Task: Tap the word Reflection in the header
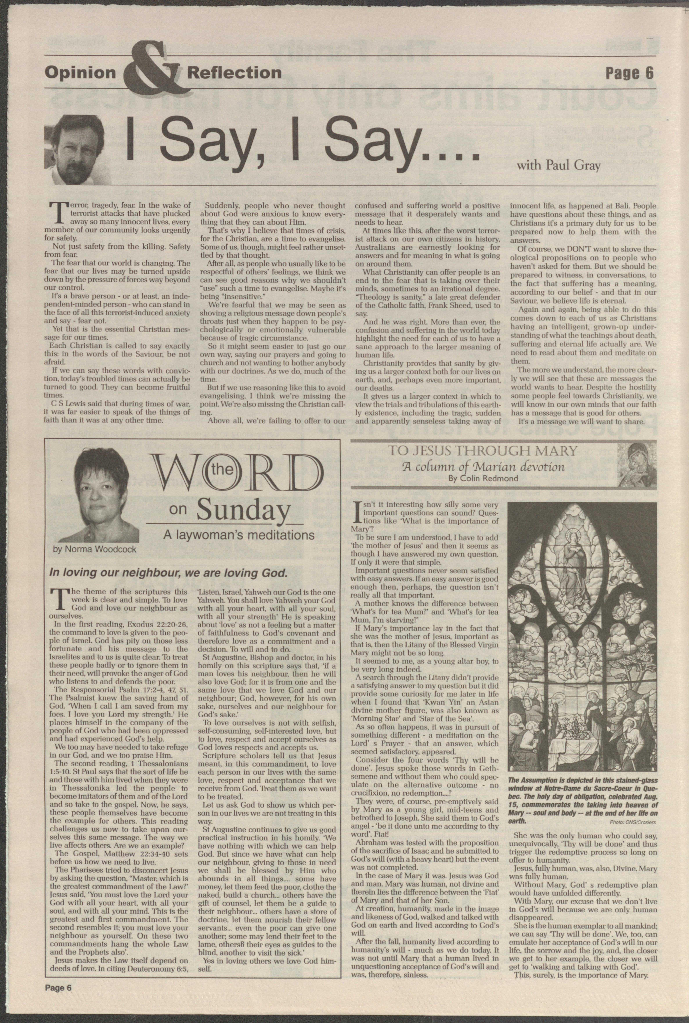(x=234, y=72)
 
